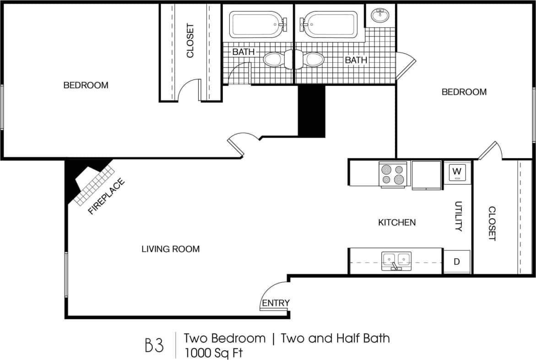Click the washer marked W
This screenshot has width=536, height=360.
[x=457, y=172]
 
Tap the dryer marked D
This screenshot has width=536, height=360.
[x=456, y=262]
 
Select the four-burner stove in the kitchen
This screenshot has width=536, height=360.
[x=394, y=174]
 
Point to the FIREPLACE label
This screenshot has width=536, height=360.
[x=106, y=197]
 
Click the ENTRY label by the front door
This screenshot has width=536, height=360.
[x=276, y=303]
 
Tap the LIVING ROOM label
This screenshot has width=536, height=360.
[x=170, y=249]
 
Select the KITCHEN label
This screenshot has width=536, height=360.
[x=397, y=222]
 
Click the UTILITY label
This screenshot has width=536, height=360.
[x=459, y=216]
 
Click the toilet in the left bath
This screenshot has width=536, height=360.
[x=274, y=59]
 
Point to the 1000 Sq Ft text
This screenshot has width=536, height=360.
[x=213, y=353]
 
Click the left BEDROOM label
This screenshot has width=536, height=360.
[x=86, y=85]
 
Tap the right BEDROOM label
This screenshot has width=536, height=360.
[x=464, y=92]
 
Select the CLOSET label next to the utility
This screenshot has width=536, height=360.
[x=492, y=223]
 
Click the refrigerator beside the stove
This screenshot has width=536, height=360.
[x=427, y=174]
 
